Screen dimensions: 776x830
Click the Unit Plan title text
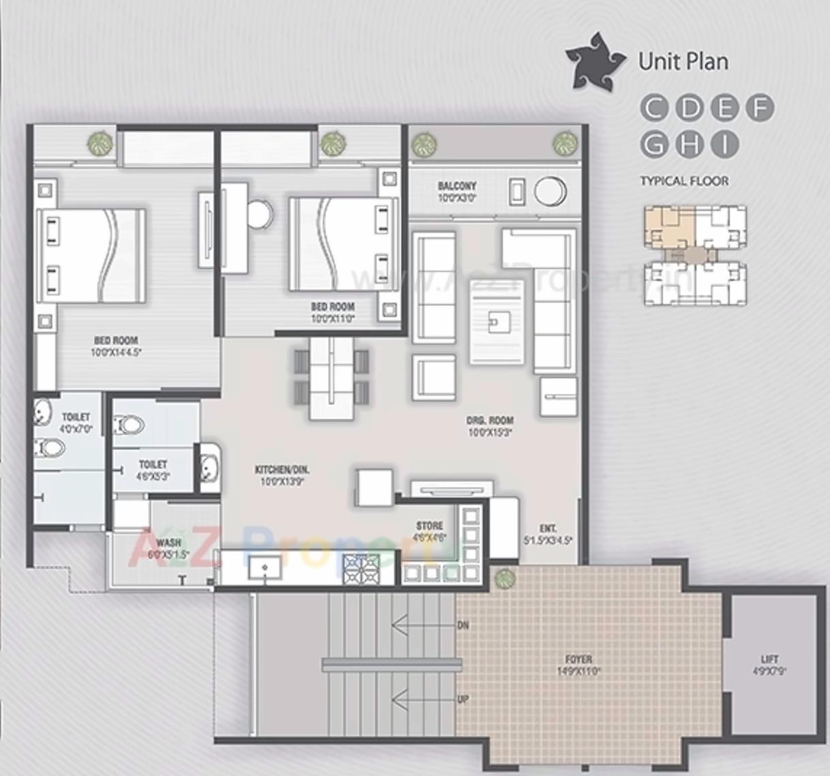tap(683, 61)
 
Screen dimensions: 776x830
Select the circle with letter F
tap(759, 108)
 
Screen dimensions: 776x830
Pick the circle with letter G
tap(654, 144)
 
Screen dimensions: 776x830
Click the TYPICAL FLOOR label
tap(684, 181)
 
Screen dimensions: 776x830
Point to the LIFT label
tap(769, 659)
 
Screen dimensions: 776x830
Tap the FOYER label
tap(579, 659)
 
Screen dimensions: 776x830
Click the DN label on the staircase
tap(463, 625)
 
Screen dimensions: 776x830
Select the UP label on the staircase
tap(463, 700)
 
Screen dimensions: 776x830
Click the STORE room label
tap(429, 526)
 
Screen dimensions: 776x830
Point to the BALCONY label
tap(457, 186)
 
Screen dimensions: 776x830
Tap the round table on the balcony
tap(550, 192)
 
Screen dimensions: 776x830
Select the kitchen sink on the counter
tap(265, 567)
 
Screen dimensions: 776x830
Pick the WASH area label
tap(168, 543)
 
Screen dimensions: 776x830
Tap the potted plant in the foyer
tap(505, 579)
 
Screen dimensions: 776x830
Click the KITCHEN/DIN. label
tap(282, 470)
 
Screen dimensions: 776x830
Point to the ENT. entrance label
tap(548, 528)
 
